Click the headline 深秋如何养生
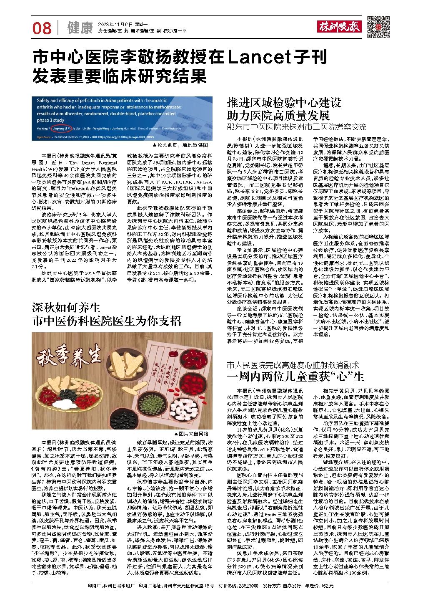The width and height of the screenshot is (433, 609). click(67, 308)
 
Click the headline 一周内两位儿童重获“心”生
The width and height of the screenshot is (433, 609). click(295, 377)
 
